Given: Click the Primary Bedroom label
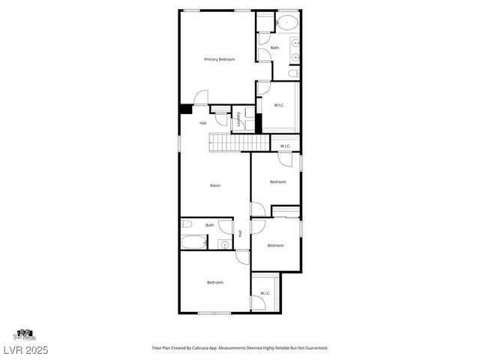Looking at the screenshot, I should click(220, 59).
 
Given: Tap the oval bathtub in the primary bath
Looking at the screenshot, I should click(288, 22).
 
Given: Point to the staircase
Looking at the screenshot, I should click(237, 142).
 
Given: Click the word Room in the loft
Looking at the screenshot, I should click(215, 184).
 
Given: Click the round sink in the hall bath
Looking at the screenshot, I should click(223, 245).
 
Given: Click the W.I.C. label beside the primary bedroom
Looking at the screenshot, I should click(278, 105).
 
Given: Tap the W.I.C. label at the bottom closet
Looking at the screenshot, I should click(265, 292).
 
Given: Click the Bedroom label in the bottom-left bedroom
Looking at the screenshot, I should click(215, 282).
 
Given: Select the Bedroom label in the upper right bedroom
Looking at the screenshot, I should click(277, 181).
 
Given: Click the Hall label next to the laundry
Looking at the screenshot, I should click(202, 123).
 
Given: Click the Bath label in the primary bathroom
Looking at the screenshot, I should click(274, 48).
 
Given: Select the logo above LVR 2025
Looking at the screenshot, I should click(25, 334).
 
